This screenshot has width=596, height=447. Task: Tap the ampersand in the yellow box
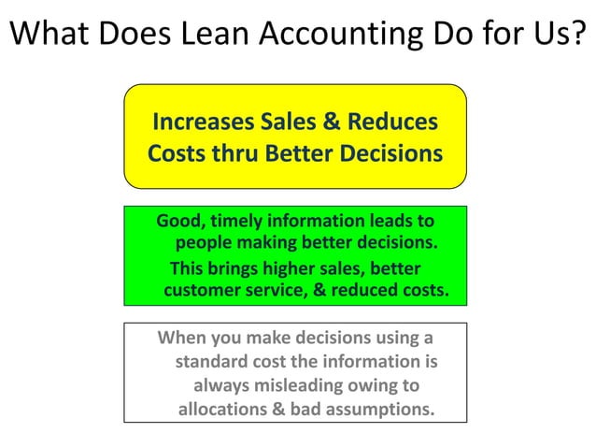coord(332,122)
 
